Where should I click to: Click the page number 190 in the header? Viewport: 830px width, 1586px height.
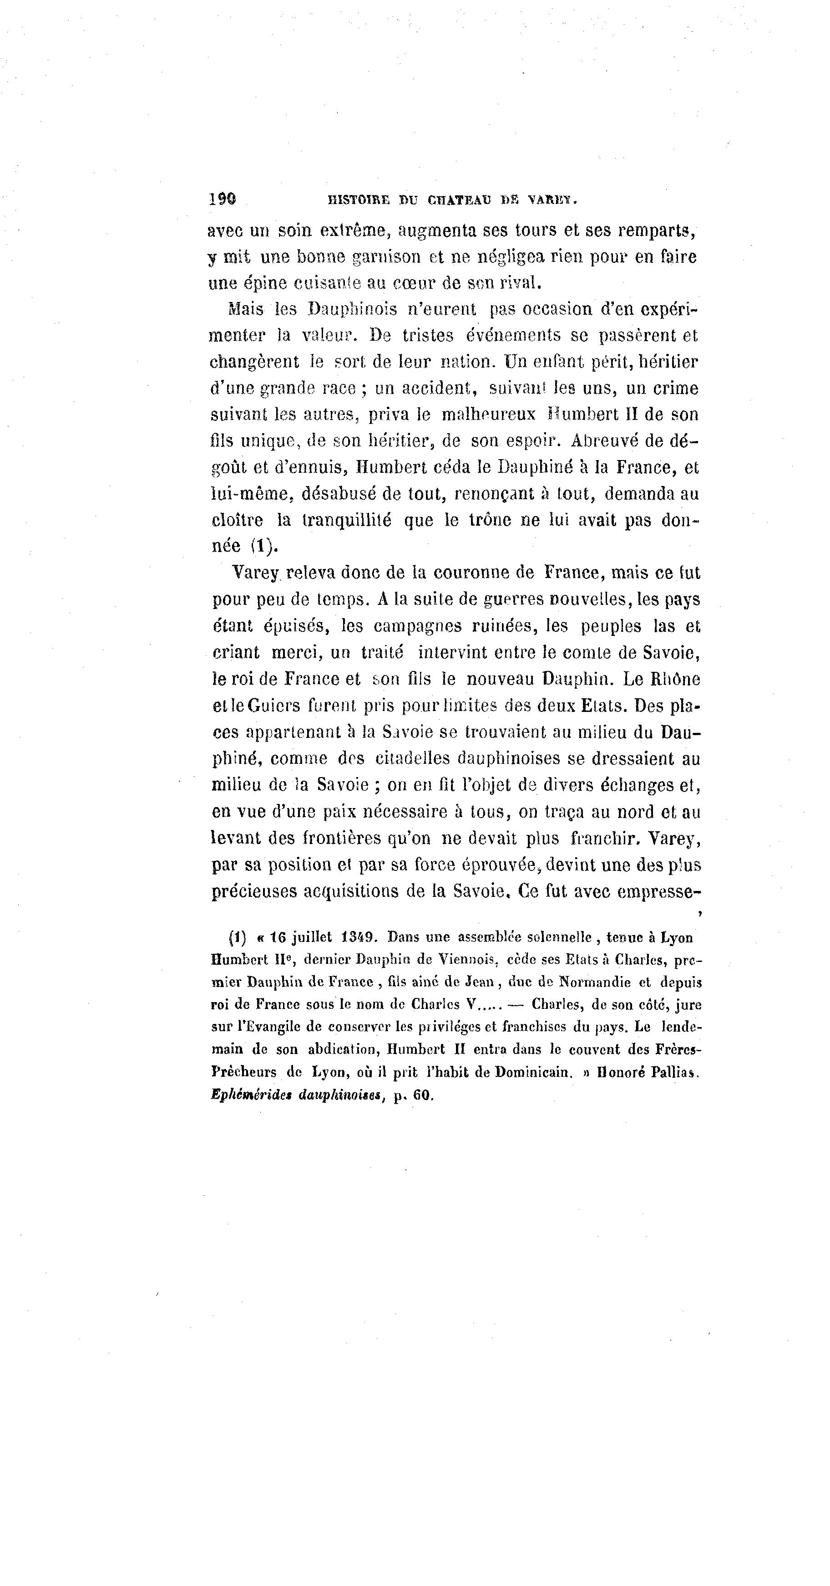[222, 199]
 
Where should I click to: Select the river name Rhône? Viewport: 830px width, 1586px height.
[676, 679]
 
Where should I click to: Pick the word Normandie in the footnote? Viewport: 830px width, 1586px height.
[591, 982]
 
